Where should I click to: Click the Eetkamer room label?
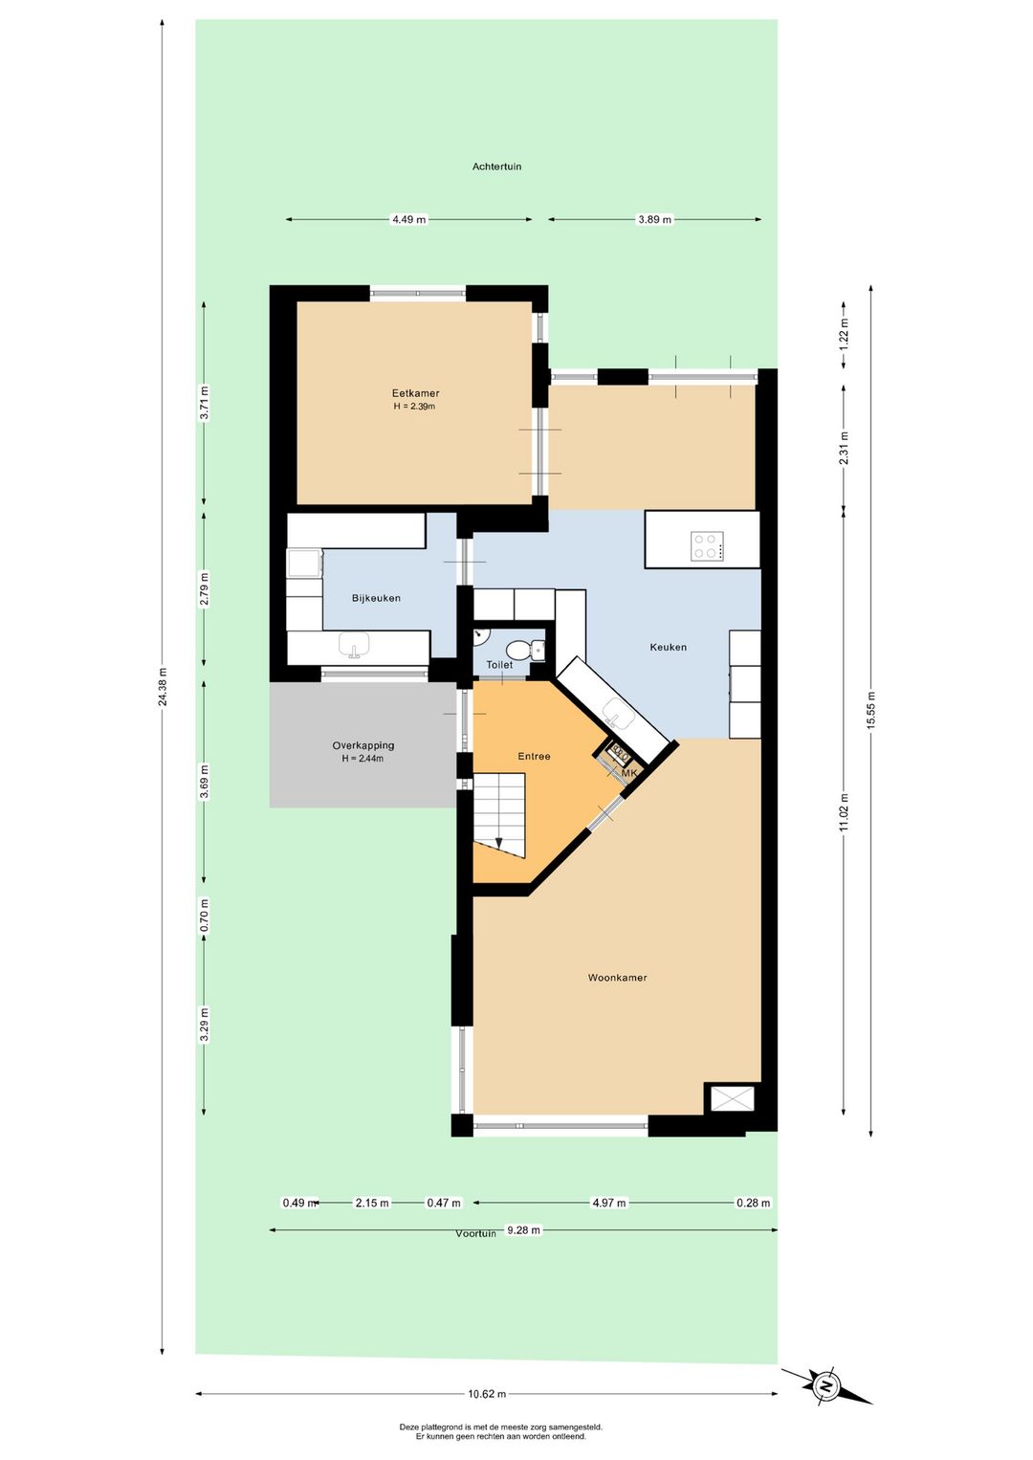coord(415,393)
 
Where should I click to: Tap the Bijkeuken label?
coord(376,598)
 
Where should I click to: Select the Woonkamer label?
coord(617,977)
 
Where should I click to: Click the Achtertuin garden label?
coord(496,166)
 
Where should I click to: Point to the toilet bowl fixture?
coord(518,650)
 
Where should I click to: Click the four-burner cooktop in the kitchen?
coord(707,546)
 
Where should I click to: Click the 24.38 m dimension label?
coord(163,686)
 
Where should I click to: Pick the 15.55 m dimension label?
coord(870,708)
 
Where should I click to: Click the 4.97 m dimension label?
coord(608,1203)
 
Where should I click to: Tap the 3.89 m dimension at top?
coord(653,220)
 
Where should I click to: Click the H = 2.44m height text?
coord(363,758)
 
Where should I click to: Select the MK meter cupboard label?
coord(629,773)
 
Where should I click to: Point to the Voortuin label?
coord(475,1233)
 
